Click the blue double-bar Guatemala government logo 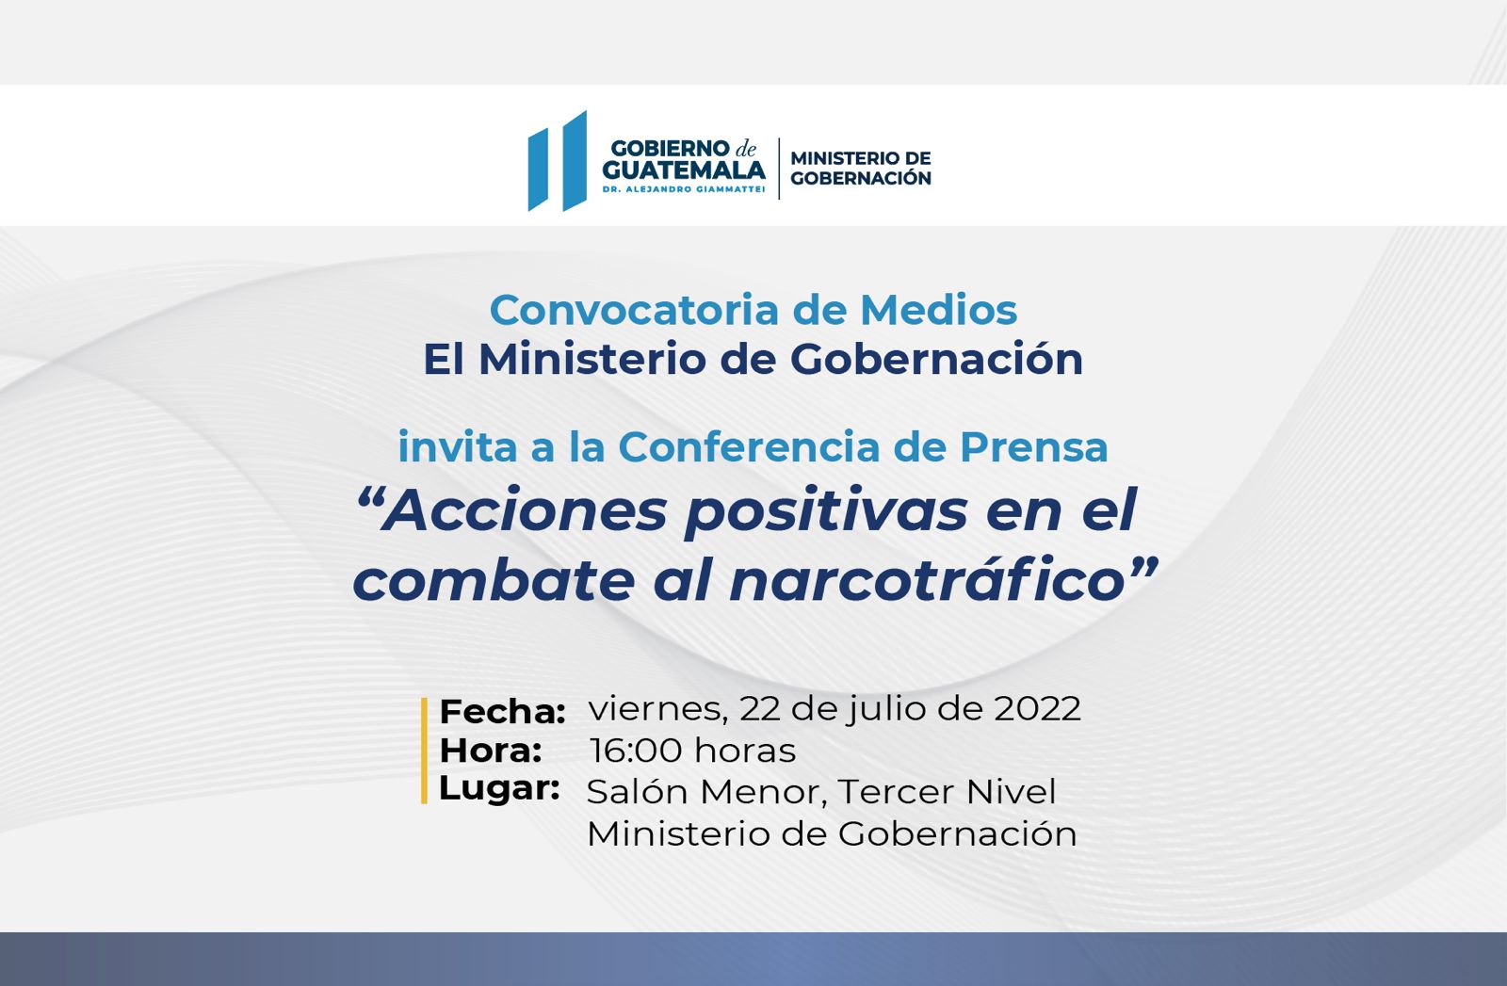[x=557, y=161]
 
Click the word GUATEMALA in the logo [x=684, y=170]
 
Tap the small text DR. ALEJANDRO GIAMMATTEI [x=684, y=189]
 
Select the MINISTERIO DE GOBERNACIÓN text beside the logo [x=861, y=169]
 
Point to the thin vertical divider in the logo [x=779, y=169]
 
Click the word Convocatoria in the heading [x=634, y=310]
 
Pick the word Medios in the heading [x=938, y=310]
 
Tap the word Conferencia [x=749, y=446]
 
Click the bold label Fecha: [x=503, y=712]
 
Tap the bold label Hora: [x=491, y=751]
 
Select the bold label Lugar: [x=499, y=789]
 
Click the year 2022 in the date [x=1037, y=708]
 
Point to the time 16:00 [x=636, y=750]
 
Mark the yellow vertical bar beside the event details [x=424, y=751]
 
